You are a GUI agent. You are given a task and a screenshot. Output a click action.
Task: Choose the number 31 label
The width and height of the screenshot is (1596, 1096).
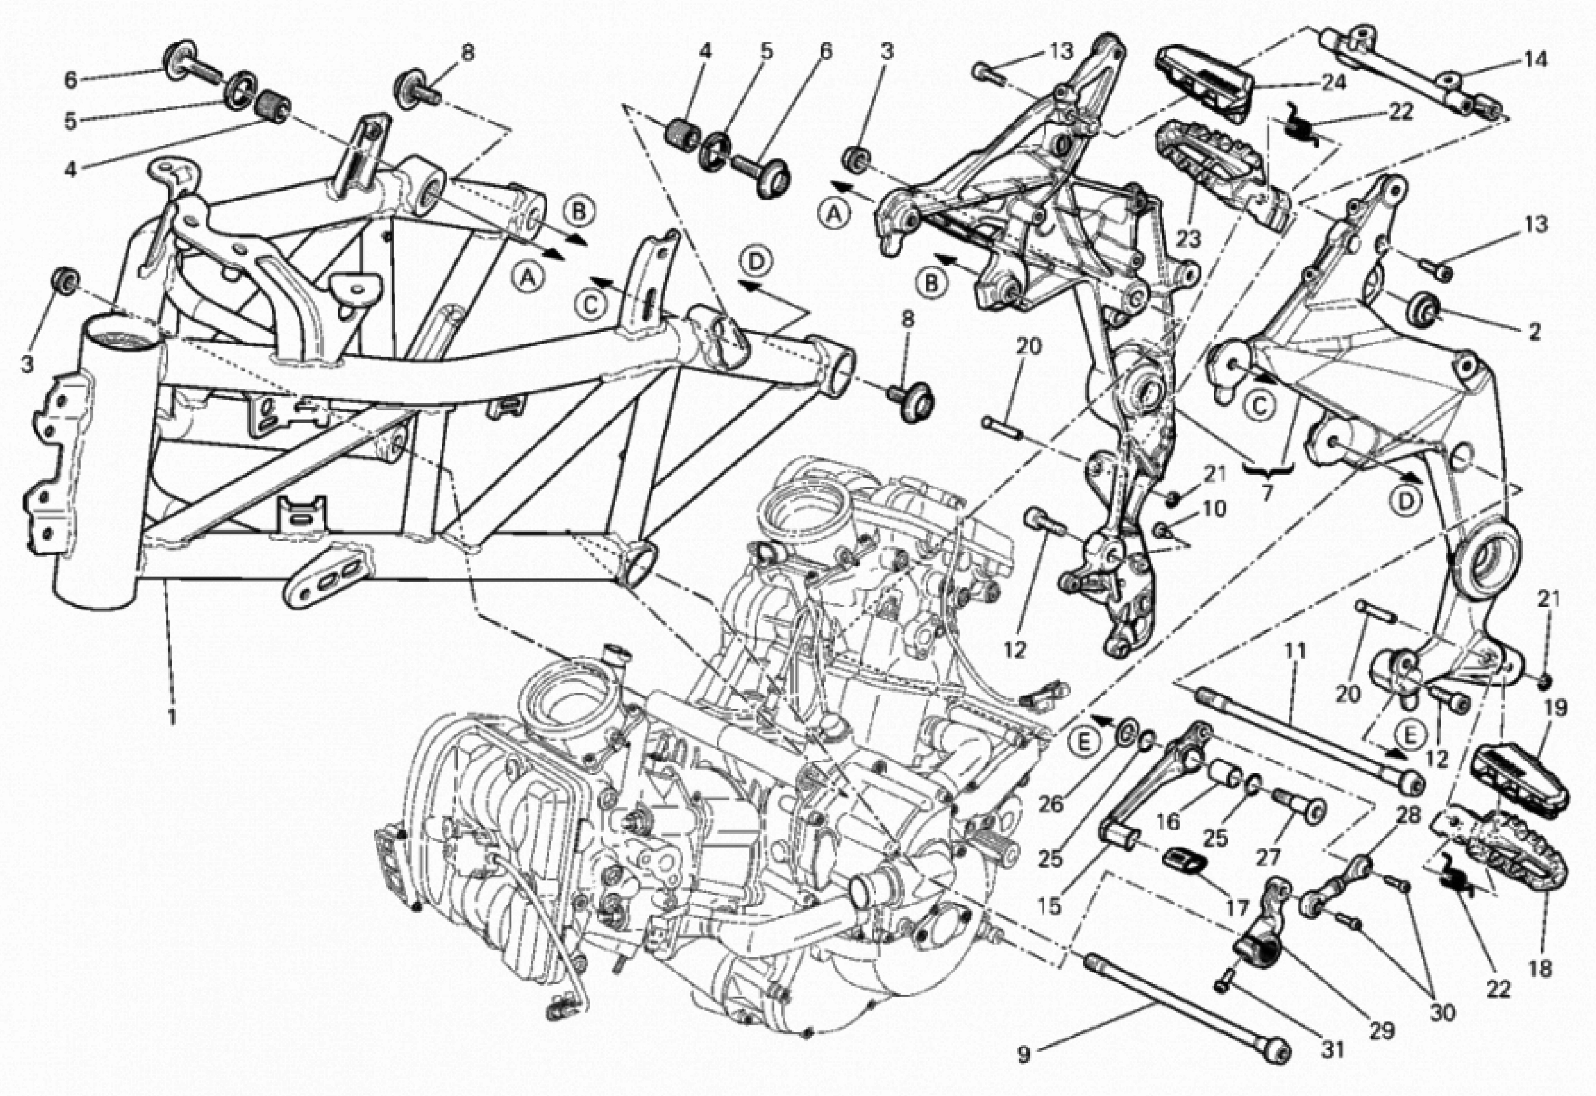click(1332, 1049)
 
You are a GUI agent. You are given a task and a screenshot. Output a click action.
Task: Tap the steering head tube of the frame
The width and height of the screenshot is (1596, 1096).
click(110, 467)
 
